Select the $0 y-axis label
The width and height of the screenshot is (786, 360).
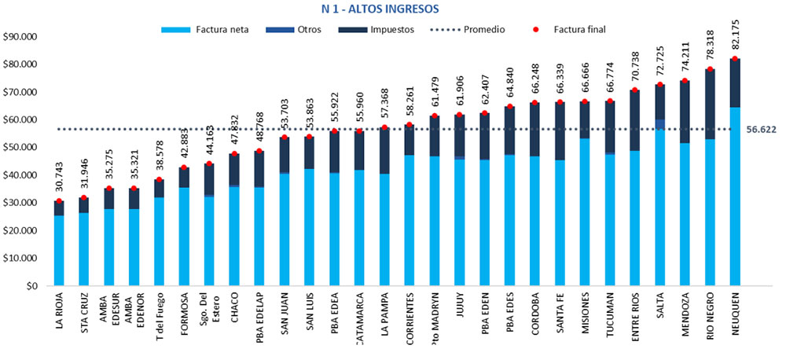click(32, 286)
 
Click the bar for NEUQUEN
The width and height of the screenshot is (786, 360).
click(735, 173)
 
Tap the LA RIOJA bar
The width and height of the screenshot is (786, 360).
click(59, 244)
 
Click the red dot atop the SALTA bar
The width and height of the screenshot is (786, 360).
click(660, 84)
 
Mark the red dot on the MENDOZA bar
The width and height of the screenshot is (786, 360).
click(685, 80)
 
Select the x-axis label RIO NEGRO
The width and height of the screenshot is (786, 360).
click(711, 318)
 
